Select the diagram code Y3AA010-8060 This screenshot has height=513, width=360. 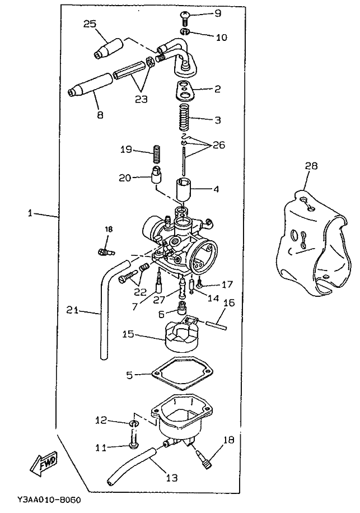pyautogui.click(x=49, y=500)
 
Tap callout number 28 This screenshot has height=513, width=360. pyautogui.click(x=311, y=166)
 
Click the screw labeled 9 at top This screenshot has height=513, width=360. pyautogui.click(x=185, y=17)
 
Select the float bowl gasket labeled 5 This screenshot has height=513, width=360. pyautogui.click(x=183, y=374)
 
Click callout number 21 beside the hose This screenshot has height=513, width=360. pyautogui.click(x=73, y=310)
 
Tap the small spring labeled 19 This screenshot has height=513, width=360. pyautogui.click(x=157, y=155)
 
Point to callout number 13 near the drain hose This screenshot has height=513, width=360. pyautogui.click(x=171, y=478)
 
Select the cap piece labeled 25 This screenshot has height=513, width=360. pyautogui.click(x=108, y=48)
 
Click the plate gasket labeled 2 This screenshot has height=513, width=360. pyautogui.click(x=184, y=90)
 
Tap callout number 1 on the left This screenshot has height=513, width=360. pyautogui.click(x=30, y=213)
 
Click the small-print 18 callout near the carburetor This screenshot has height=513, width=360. pyautogui.click(x=109, y=230)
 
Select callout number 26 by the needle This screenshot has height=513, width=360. pyautogui.click(x=219, y=144)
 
